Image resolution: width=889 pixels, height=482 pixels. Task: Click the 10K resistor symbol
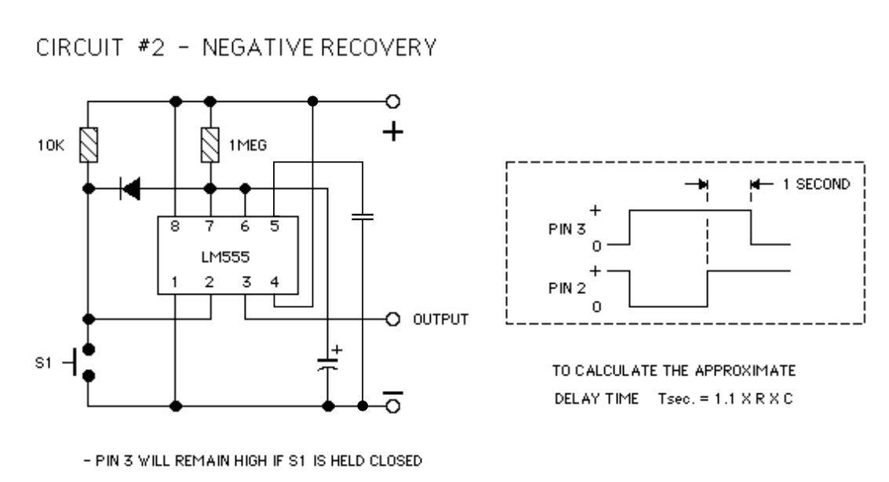[89, 145]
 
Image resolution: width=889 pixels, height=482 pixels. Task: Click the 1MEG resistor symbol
[210, 145]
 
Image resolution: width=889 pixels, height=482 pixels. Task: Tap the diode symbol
[129, 188]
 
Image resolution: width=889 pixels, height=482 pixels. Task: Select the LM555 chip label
[225, 257]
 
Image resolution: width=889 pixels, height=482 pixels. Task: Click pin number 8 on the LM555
[175, 227]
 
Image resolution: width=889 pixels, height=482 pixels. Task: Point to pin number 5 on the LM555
[275, 227]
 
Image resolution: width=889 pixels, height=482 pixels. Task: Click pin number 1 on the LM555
[174, 281]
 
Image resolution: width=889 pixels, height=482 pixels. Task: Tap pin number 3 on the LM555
[246, 281]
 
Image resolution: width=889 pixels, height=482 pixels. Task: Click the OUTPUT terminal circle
[393, 320]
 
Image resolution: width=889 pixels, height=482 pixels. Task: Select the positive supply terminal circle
[393, 101]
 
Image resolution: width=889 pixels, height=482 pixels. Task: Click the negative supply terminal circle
[393, 406]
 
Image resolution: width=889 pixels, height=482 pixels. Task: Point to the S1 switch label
[44, 363]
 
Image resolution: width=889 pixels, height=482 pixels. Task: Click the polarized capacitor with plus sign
[328, 364]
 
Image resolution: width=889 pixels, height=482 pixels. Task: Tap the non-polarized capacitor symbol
[363, 216]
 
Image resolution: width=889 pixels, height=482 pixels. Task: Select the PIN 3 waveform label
[567, 229]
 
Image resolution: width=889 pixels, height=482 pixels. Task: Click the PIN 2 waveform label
[567, 288]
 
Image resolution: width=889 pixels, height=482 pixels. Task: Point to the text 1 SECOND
[817, 184]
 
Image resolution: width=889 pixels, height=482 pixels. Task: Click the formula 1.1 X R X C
[753, 399]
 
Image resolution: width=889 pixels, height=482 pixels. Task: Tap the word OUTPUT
[440, 320]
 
